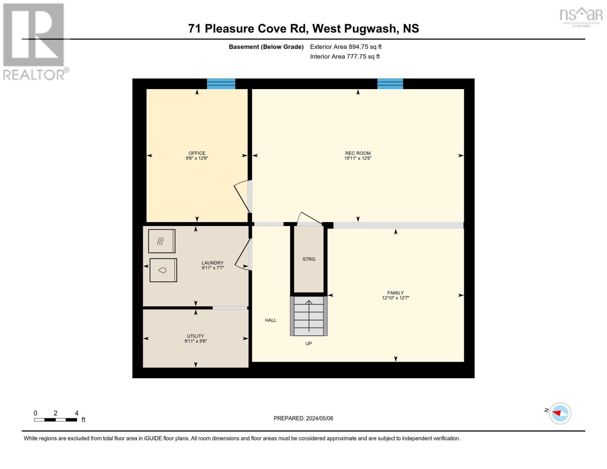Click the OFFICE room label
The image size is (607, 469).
197,153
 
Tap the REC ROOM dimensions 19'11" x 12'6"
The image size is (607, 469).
358,159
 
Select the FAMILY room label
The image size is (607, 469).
395,293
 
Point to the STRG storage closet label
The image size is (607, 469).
308,259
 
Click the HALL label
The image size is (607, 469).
270,320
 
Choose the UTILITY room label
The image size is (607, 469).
195,336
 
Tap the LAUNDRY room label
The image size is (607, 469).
212,263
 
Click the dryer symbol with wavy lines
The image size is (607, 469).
161,241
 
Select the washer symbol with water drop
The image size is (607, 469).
163,270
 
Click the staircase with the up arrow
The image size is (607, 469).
308,316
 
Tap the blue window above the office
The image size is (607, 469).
221,84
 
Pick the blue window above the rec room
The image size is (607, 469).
390,84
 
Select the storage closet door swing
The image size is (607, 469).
309,219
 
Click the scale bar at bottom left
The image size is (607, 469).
55,420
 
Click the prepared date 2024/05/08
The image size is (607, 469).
319,418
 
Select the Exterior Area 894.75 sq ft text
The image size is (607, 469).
346,47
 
